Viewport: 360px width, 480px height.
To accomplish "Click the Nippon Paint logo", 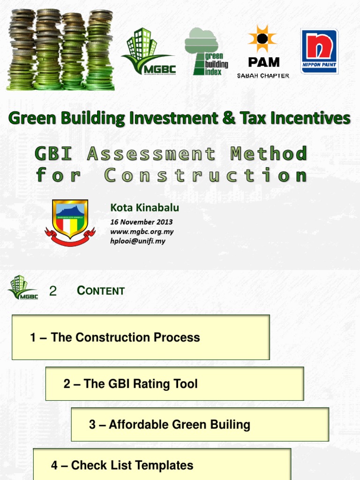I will (319, 51).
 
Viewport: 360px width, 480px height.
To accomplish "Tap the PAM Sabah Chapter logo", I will (263, 52).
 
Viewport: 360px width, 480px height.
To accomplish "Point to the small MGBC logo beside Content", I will (22, 287).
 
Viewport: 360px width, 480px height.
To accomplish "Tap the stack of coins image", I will (60, 50).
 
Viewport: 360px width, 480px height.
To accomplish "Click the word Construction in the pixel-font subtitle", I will (206, 175).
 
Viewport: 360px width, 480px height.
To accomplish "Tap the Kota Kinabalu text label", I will (144, 207).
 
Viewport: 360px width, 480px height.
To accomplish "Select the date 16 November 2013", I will (141, 222).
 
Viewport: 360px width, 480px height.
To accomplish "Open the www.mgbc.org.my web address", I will (142, 232).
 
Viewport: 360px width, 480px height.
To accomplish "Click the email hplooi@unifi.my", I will (138, 241).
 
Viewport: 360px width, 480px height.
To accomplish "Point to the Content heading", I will (101, 291).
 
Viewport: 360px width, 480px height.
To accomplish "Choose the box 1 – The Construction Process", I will (141, 337).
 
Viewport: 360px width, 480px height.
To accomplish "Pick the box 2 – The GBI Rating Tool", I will (174, 383).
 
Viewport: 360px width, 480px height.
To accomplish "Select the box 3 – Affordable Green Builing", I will (200, 424).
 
